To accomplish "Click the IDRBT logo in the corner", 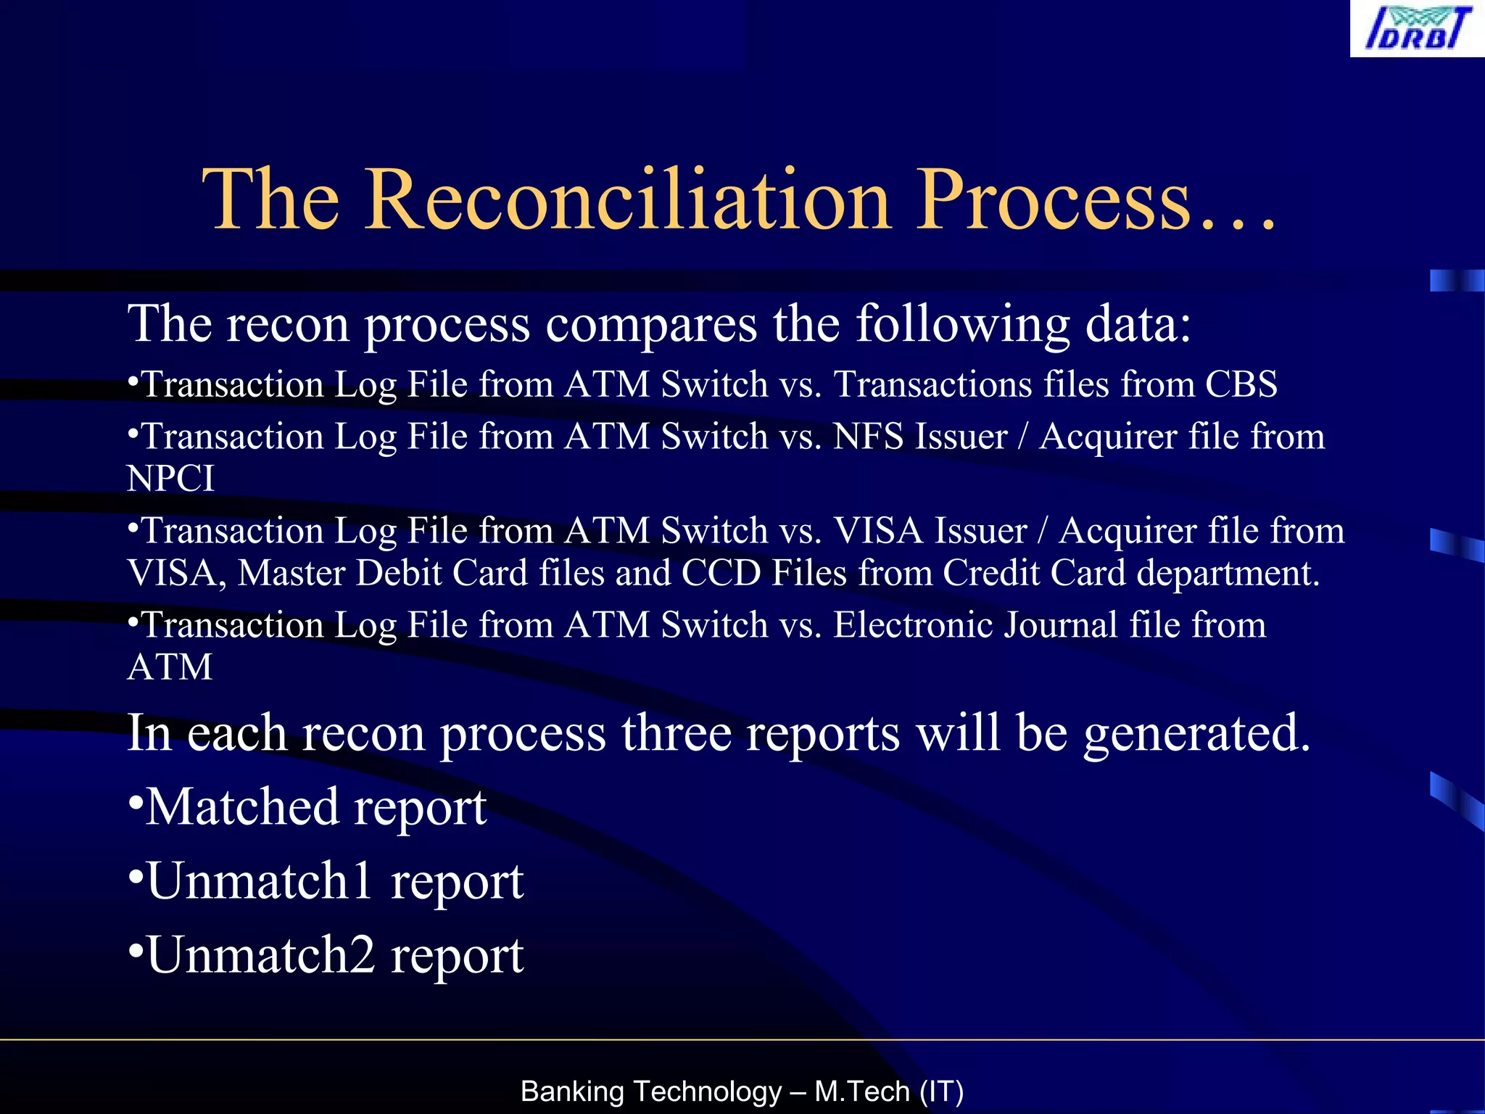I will tap(1416, 28).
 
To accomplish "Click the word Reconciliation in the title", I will tap(627, 199).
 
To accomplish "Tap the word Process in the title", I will tap(1054, 199).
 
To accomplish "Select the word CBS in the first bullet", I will tap(1241, 384).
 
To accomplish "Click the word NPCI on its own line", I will tap(170, 479).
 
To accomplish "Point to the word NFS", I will tap(868, 437).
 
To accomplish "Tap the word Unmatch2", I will tap(260, 955).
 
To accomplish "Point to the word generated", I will tap(1196, 734).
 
